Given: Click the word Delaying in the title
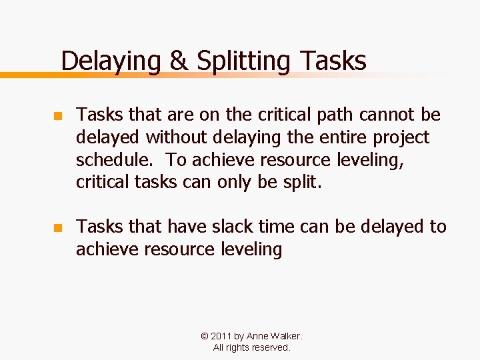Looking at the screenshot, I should [x=111, y=61].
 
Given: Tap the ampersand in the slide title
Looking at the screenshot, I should [x=179, y=61].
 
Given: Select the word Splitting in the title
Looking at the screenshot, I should [x=243, y=61].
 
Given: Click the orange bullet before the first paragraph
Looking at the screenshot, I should [x=57, y=116].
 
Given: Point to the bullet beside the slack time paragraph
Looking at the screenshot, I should [x=57, y=228].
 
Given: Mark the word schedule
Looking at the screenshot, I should [x=115, y=160].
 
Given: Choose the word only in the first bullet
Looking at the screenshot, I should [x=237, y=183].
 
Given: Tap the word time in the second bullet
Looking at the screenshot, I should [x=274, y=227].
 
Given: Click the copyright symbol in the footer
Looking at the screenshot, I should [x=204, y=337].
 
